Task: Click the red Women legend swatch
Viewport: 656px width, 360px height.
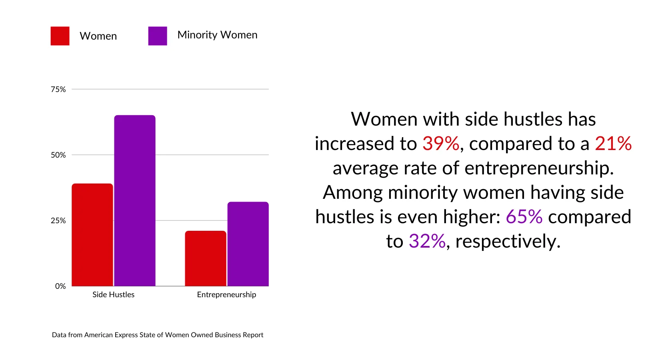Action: (60, 36)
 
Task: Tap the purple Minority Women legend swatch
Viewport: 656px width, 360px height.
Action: (158, 36)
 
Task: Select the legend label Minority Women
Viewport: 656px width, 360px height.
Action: (217, 35)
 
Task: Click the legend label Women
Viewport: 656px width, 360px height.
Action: (98, 36)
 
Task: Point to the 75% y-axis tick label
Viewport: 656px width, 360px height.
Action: (58, 89)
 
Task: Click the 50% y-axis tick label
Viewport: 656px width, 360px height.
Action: (58, 155)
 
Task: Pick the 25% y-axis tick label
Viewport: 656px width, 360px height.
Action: (58, 220)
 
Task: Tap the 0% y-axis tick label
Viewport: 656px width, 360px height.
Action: (60, 286)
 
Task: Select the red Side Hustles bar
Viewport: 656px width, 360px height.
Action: (92, 235)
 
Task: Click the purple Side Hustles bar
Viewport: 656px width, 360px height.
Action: (135, 201)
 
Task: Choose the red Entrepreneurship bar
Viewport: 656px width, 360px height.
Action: (206, 258)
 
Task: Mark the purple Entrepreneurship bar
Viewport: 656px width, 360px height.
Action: (248, 244)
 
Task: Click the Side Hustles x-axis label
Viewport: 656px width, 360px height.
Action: (113, 295)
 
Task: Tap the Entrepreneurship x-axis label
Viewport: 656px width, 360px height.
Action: (226, 295)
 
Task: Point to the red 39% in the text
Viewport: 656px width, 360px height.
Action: (441, 144)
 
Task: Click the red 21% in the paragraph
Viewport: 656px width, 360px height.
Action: (613, 144)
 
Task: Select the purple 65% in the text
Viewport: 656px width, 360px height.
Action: (524, 217)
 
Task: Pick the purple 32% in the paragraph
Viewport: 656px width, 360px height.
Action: (427, 241)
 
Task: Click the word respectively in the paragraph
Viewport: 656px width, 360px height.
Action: (508, 242)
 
